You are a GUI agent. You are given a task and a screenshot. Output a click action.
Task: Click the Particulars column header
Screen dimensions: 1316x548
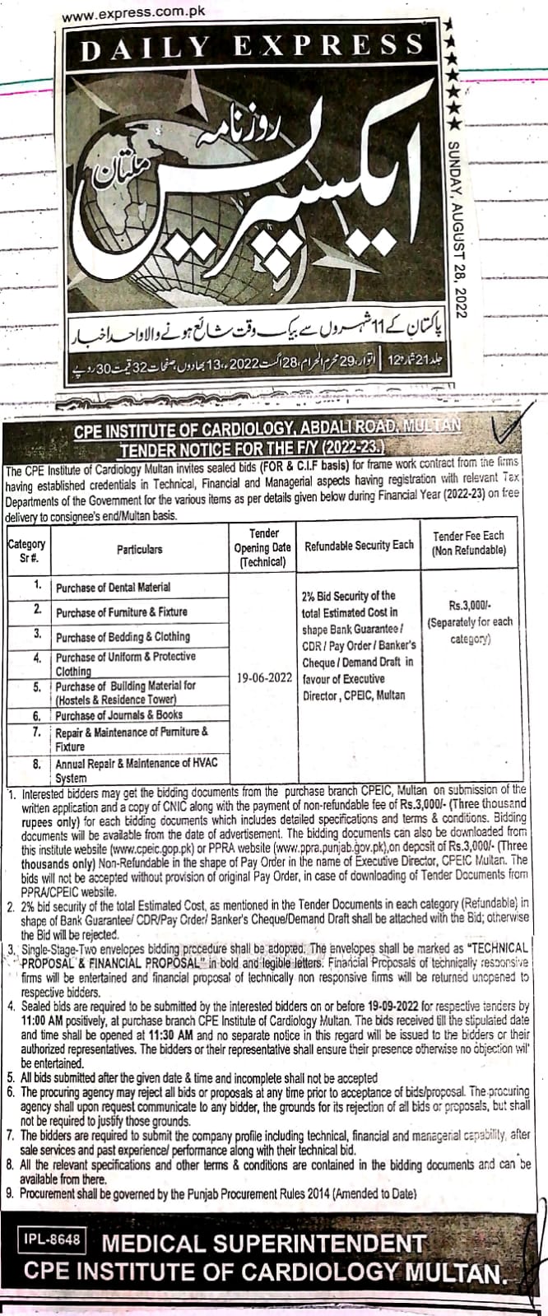tap(139, 548)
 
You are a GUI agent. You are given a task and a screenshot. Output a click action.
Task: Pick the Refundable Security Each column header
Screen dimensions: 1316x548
tap(359, 545)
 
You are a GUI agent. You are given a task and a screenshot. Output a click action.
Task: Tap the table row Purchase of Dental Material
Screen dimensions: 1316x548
tap(113, 587)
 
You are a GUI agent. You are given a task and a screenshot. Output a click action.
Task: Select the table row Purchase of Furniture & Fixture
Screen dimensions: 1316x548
tap(121, 611)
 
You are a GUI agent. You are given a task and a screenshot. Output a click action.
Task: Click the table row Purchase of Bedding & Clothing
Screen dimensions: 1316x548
tap(123, 636)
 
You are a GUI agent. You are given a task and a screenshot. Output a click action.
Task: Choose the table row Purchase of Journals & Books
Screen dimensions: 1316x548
tap(118, 714)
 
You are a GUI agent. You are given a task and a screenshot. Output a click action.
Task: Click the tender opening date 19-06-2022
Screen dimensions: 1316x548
tap(263, 680)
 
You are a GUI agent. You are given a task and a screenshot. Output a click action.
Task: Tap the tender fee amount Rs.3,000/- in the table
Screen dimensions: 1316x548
tap(469, 605)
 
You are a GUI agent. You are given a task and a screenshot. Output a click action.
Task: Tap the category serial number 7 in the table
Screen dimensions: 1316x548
tap(38, 731)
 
